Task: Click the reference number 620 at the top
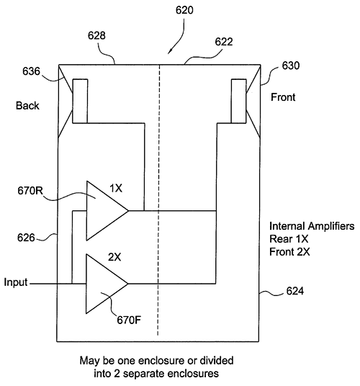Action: pyautogui.click(x=184, y=10)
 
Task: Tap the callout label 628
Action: pyautogui.click(x=96, y=36)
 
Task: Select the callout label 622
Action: pyautogui.click(x=224, y=42)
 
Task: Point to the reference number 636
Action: pyautogui.click(x=31, y=71)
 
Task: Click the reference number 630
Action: pyautogui.click(x=291, y=66)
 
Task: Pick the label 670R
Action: pyautogui.click(x=30, y=191)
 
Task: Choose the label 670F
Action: pyautogui.click(x=129, y=320)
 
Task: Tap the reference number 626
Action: pyautogui.click(x=26, y=238)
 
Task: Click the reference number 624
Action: pyautogui.click(x=295, y=291)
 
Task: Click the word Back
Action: pyautogui.click(x=27, y=106)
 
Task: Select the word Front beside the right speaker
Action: pyautogui.click(x=283, y=97)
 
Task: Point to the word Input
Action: pyautogui.click(x=16, y=282)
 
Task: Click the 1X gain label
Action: pyautogui.click(x=116, y=189)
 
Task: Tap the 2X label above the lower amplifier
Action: pyautogui.click(x=114, y=257)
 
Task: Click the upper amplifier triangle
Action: pyautogui.click(x=107, y=211)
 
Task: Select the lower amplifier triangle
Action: pyautogui.click(x=107, y=284)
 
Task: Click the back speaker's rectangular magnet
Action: pyautogui.click(x=80, y=101)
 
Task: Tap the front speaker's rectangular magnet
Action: pyautogui.click(x=239, y=101)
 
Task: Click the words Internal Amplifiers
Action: pyautogui.click(x=312, y=226)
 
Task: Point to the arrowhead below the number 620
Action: pyautogui.click(x=169, y=51)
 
